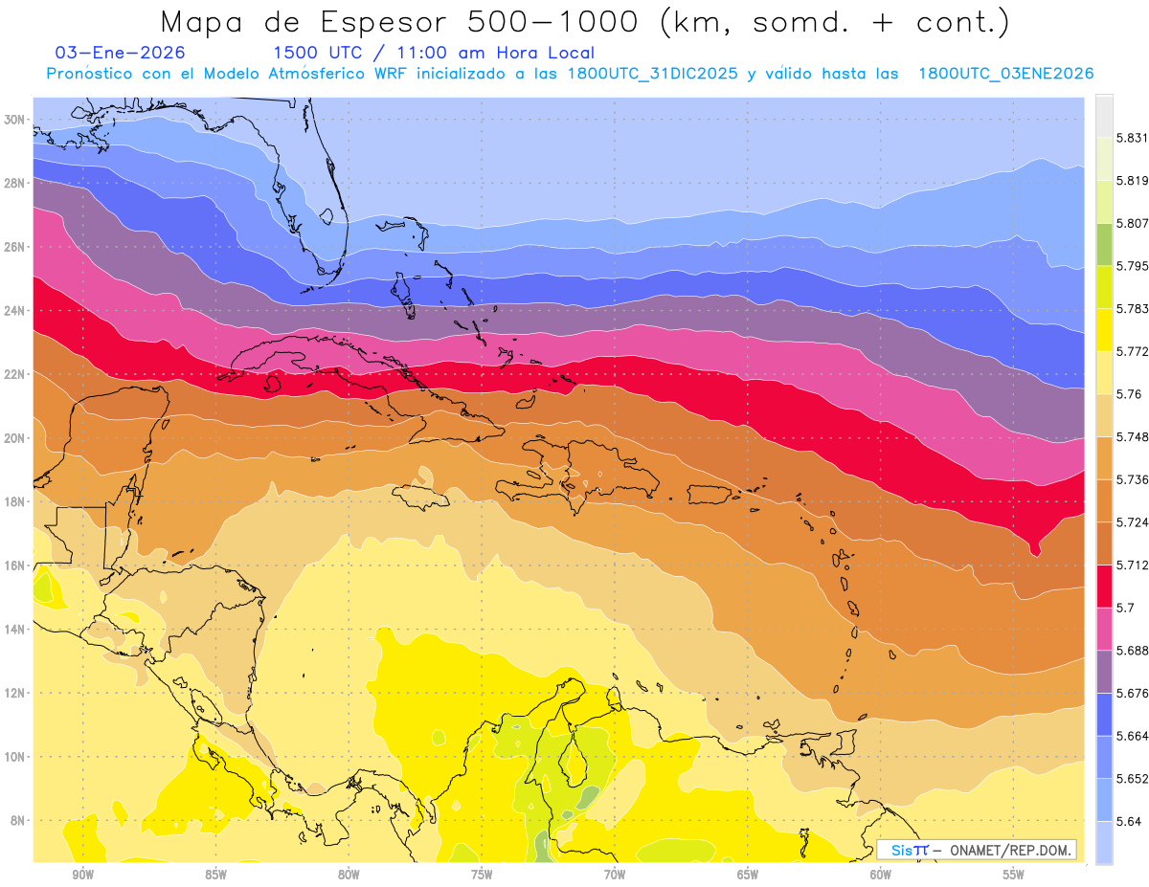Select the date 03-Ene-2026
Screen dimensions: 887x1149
pos(121,53)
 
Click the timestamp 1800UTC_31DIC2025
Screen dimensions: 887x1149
pos(652,74)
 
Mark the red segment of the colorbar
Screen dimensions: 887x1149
pos(1104,586)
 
